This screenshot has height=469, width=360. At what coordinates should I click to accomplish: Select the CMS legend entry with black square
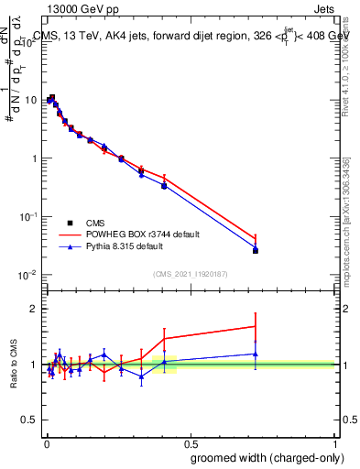coord(94,223)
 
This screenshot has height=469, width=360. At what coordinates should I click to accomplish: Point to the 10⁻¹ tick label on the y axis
coord(30,216)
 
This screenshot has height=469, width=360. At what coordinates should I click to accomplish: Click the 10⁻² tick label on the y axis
coord(30,275)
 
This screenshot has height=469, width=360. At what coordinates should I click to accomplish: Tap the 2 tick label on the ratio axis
coord(35,309)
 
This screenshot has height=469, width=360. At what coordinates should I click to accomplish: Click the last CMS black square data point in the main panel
coord(256,250)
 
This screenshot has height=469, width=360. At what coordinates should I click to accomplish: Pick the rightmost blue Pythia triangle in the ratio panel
coord(256,354)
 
